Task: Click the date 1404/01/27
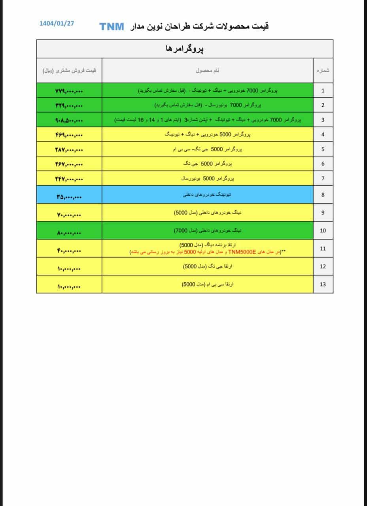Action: (x=57, y=23)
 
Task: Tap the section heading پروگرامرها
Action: (x=185, y=49)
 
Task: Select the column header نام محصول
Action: (x=208, y=70)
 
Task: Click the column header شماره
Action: (x=323, y=70)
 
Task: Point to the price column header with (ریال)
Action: (x=69, y=70)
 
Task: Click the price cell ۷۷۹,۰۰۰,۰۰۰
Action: (x=69, y=91)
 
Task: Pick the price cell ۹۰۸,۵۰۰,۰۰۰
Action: (x=69, y=120)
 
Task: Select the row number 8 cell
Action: (x=323, y=194)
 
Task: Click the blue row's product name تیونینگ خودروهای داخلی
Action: (x=207, y=194)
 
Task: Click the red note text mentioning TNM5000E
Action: (x=207, y=252)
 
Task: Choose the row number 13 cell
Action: (x=323, y=284)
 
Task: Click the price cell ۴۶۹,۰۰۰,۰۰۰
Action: (x=69, y=135)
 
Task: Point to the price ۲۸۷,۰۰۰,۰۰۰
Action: (x=69, y=150)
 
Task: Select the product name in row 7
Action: (x=207, y=179)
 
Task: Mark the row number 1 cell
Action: (x=323, y=91)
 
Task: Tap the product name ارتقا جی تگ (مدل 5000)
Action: (x=207, y=266)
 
